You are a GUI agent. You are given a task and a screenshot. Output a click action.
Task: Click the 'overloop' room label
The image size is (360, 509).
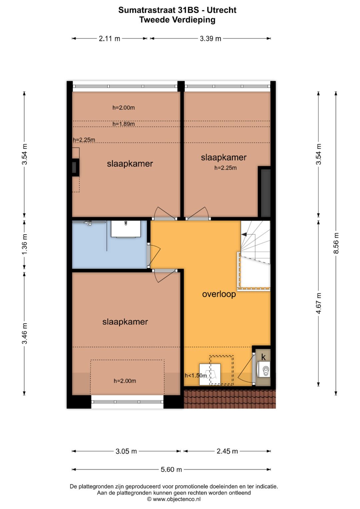click(219, 294)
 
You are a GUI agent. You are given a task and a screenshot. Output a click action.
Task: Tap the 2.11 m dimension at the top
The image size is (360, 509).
click(109, 39)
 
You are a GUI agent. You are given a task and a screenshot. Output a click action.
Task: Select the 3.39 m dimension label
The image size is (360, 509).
click(210, 39)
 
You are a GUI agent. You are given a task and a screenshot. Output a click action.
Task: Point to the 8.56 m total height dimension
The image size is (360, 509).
click(336, 243)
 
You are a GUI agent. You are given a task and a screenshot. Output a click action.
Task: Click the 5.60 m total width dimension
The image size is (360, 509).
click(171, 470)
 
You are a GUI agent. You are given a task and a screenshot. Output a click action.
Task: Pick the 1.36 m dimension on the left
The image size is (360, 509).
click(25, 244)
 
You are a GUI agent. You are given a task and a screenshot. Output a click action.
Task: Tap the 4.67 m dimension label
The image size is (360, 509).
click(319, 303)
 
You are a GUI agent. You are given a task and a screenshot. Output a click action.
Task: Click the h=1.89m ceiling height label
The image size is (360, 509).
click(123, 124)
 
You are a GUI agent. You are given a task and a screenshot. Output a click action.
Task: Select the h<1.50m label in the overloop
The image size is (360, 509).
click(196, 376)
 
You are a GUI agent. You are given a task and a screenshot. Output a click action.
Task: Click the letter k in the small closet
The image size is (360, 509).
click(263, 357)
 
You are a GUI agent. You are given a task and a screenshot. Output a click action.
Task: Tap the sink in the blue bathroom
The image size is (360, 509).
click(125, 228)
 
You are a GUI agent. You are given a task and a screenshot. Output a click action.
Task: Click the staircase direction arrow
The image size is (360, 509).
click(244, 235)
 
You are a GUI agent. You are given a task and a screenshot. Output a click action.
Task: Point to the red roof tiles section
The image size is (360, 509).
click(230, 399)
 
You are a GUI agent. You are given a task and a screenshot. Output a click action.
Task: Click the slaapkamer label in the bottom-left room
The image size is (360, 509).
click(125, 322)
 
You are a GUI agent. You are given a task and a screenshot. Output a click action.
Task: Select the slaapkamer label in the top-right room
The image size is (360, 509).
click(223, 157)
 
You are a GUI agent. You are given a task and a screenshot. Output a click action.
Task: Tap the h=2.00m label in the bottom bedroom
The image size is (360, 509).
click(125, 381)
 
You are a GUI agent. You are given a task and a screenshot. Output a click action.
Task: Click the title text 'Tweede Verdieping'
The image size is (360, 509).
click(177, 20)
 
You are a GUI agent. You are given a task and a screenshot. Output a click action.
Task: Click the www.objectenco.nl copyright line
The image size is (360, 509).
click(174, 499)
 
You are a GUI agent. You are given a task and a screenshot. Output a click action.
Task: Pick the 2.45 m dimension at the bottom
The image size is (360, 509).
click(227, 451)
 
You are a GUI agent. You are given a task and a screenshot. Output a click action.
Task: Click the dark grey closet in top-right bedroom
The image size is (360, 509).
click(265, 193)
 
